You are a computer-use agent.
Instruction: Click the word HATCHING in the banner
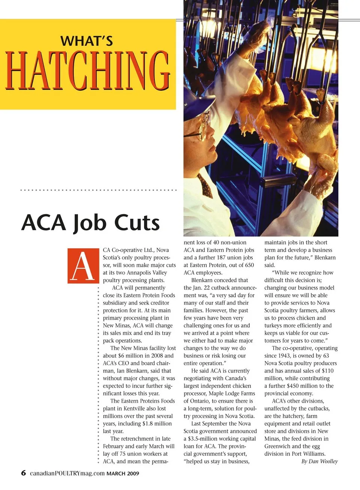[88, 71]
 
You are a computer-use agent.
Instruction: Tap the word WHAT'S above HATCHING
[87, 40]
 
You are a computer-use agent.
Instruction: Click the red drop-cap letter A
[83, 266]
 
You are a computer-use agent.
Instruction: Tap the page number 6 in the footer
[24, 473]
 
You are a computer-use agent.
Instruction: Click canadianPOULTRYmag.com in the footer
[67, 473]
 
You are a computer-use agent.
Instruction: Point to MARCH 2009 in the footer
[123, 474]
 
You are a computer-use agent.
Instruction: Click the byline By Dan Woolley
[319, 462]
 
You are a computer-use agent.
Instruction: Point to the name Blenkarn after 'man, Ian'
[138, 371]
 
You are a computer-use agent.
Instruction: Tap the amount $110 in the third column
[327, 371]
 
